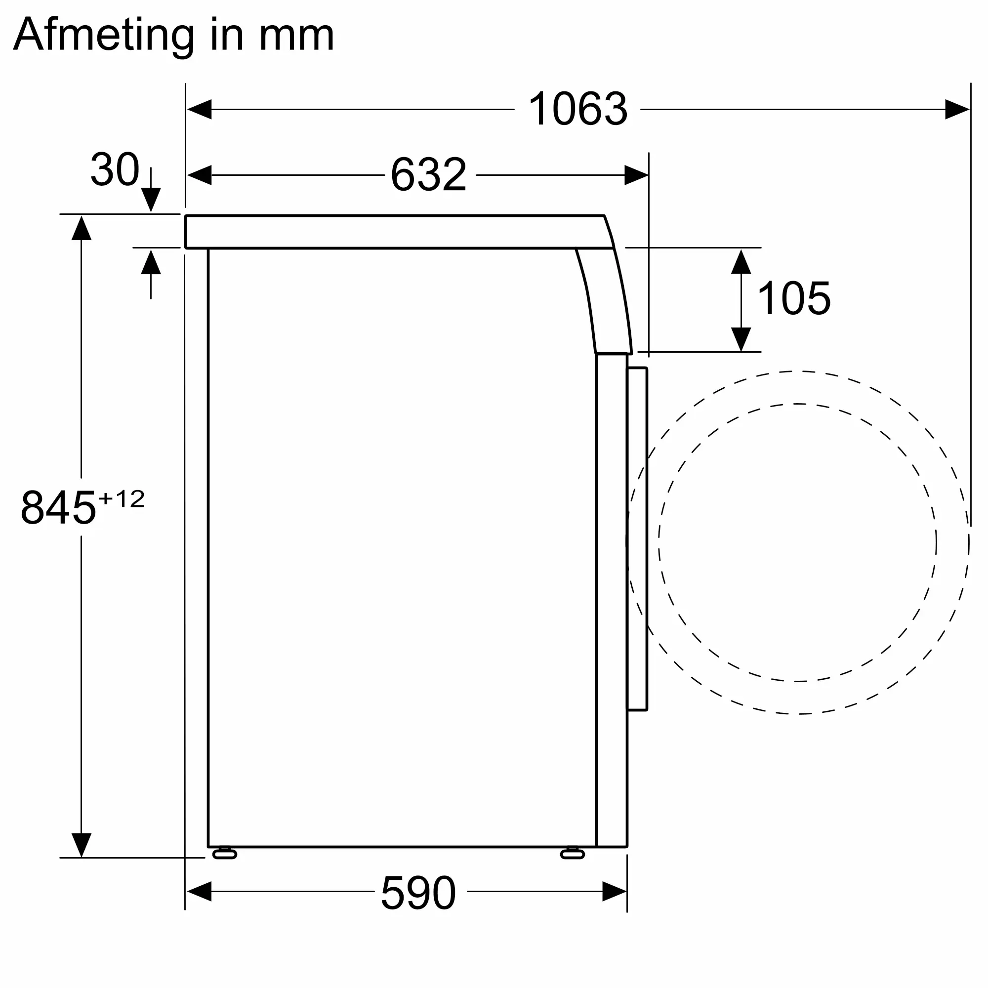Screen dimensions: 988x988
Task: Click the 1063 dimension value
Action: tap(577, 109)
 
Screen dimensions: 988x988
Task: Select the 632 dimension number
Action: tap(428, 174)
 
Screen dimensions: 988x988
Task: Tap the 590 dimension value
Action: tap(418, 893)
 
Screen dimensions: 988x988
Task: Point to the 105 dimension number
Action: tap(794, 299)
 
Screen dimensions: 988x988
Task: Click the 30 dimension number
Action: tap(115, 169)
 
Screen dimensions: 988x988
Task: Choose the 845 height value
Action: tap(58, 508)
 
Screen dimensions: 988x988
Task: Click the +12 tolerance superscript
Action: tap(122, 499)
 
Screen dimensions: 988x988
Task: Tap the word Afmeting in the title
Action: tap(104, 35)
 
